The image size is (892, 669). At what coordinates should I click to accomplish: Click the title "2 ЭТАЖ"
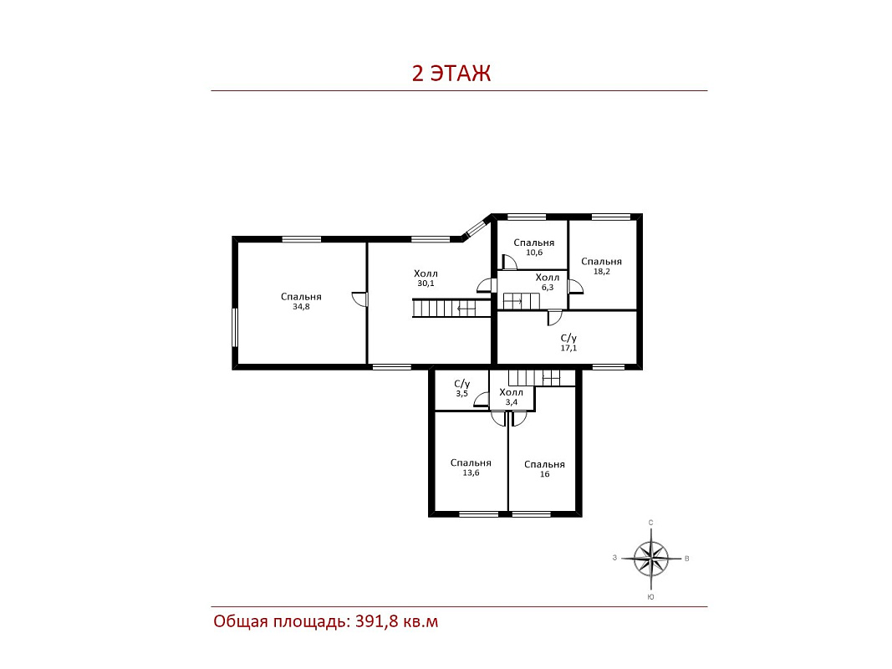(451, 74)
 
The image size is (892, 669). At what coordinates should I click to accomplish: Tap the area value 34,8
(301, 307)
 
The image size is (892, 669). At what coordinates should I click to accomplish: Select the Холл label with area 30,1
(426, 273)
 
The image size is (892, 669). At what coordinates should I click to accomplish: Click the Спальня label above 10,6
(533, 243)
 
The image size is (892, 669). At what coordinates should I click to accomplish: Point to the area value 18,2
(601, 271)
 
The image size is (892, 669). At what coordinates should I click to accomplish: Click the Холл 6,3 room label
(548, 282)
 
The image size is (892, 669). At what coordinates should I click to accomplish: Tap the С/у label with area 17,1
(568, 338)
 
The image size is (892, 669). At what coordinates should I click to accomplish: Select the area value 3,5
(461, 393)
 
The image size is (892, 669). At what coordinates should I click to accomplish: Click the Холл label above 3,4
(511, 392)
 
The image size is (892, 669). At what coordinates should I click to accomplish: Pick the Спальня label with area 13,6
(471, 463)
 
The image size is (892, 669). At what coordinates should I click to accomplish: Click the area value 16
(544, 474)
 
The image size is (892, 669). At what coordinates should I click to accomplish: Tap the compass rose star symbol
(651, 559)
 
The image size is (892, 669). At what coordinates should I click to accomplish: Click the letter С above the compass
(650, 522)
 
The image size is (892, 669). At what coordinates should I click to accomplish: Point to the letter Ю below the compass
(650, 597)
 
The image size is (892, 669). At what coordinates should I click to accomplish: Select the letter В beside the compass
(687, 559)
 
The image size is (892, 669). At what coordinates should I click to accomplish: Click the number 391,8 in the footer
(376, 621)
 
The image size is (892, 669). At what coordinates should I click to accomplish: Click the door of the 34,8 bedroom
(359, 299)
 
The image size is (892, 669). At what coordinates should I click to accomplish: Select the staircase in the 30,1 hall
(451, 309)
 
